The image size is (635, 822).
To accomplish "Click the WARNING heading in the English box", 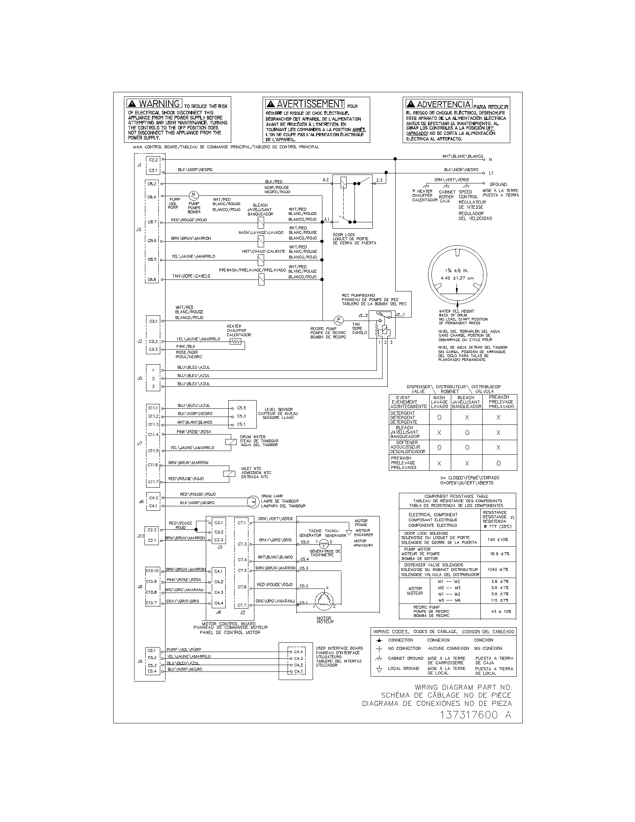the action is [159, 103].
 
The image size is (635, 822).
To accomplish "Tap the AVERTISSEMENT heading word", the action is [310, 104].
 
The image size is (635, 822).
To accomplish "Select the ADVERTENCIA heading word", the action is [443, 104].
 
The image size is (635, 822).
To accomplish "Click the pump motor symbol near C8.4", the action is [193, 196].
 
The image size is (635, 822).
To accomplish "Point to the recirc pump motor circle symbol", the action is [338, 321].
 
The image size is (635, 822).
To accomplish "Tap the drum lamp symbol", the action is [252, 501].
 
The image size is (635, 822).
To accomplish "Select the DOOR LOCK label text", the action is [343, 235].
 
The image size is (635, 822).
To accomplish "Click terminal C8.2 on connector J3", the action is [152, 184].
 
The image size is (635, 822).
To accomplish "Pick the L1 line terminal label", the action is [491, 173].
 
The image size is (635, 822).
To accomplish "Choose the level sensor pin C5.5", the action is [241, 408].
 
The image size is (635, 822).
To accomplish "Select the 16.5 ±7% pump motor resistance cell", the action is [499, 554].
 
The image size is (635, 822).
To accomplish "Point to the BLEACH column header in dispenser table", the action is [466, 402].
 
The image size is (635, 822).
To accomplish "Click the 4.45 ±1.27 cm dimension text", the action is [457, 278].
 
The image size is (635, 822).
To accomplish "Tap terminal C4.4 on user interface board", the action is [298, 652].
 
